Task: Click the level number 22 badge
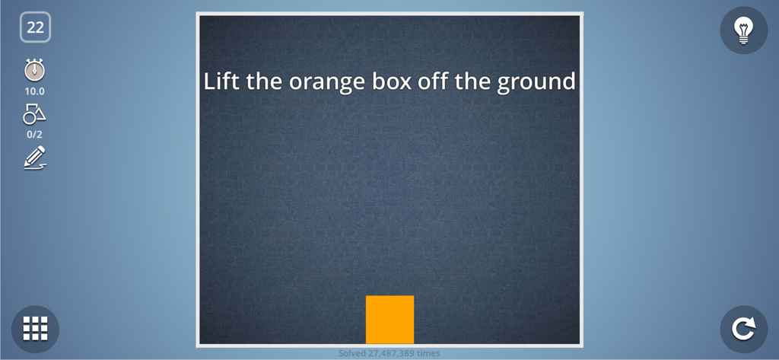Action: (x=35, y=27)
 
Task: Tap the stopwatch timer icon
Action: (x=34, y=70)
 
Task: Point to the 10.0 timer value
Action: (x=35, y=91)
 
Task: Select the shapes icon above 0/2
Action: (x=34, y=114)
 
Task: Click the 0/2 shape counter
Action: (x=35, y=135)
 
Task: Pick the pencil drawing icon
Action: (x=35, y=157)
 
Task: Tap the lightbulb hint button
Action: (x=743, y=30)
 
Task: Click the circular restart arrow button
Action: (x=743, y=329)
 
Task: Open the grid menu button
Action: (x=35, y=329)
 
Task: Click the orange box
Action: (x=389, y=320)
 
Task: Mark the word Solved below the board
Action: (x=352, y=353)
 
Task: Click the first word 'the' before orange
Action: (x=264, y=81)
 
